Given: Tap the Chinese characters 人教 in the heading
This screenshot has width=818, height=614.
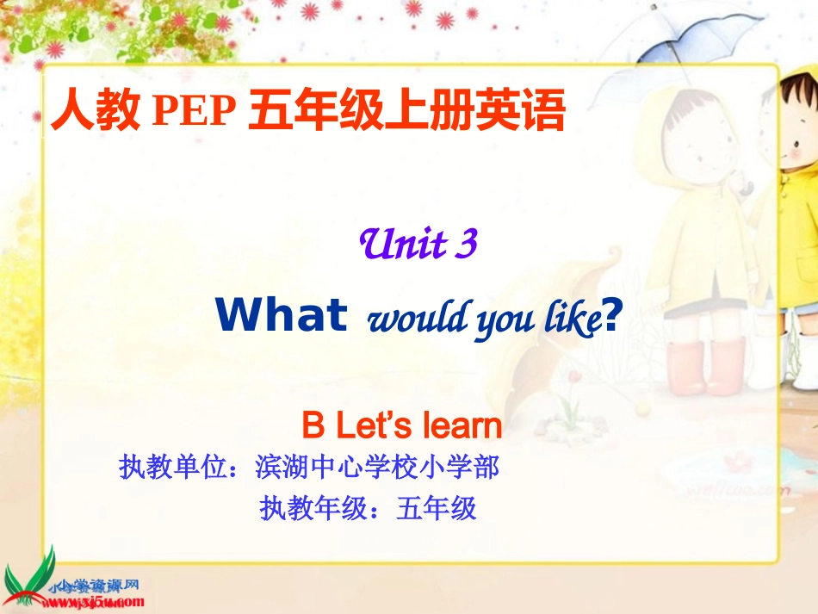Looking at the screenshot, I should [95, 113].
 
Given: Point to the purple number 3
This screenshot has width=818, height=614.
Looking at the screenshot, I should [468, 245].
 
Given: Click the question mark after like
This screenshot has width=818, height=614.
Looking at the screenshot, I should [611, 316].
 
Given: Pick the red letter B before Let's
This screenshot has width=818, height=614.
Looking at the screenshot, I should [312, 426].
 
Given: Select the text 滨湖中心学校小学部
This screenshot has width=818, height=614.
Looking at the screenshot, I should [377, 468].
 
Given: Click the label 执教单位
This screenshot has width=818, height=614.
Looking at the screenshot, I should [173, 468].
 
